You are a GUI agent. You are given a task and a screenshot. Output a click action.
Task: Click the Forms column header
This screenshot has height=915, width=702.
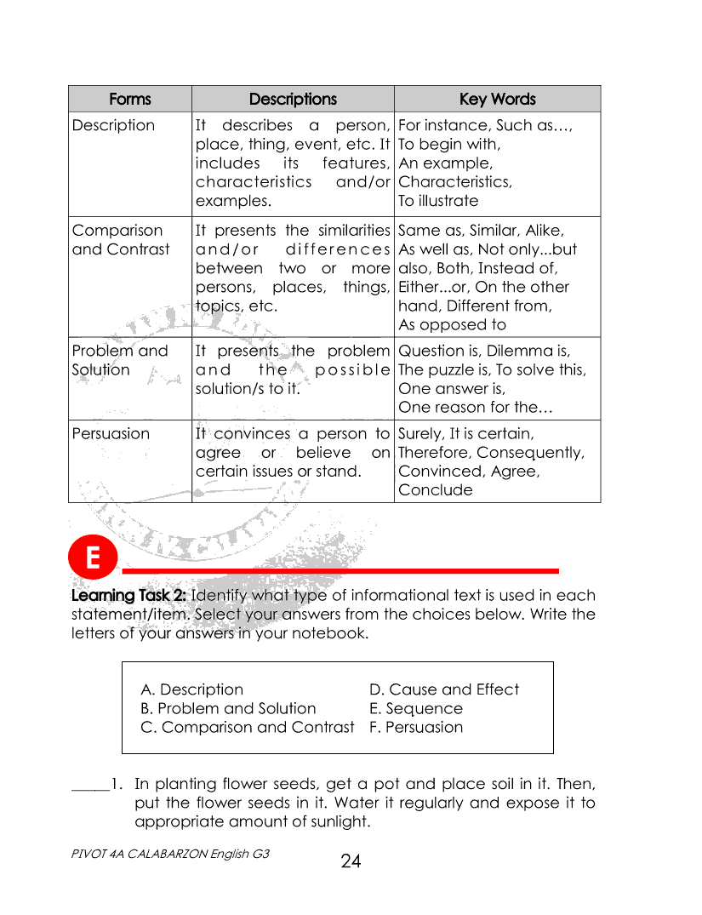(129, 99)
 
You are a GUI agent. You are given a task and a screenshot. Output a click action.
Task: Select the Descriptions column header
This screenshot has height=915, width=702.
(293, 99)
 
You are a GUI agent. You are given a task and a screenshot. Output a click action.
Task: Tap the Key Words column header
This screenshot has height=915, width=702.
(497, 99)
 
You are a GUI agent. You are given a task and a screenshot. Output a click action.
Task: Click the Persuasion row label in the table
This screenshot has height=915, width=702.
(111, 433)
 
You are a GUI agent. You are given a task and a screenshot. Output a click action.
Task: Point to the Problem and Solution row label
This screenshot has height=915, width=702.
(120, 360)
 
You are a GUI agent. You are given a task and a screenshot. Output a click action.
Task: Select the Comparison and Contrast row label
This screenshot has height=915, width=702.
(121, 239)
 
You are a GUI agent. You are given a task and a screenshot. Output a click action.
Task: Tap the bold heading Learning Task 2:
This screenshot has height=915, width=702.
(129, 595)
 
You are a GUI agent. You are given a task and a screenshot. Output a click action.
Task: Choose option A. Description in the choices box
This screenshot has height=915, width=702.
(191, 689)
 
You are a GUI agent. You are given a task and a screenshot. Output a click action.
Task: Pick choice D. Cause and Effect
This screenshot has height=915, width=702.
(443, 689)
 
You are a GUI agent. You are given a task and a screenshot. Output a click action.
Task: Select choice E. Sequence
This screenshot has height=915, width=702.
(415, 708)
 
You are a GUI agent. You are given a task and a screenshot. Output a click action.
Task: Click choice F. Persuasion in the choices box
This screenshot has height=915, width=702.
(415, 727)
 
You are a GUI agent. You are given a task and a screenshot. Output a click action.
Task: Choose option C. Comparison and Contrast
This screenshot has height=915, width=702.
(247, 727)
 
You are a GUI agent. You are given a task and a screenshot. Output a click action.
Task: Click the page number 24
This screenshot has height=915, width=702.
(351, 861)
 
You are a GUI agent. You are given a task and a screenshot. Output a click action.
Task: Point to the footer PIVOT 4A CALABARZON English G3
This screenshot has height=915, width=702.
(171, 853)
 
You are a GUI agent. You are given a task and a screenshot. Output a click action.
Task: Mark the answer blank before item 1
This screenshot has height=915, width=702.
(89, 785)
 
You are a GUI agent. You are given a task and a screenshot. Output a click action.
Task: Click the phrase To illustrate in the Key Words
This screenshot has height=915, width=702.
(438, 201)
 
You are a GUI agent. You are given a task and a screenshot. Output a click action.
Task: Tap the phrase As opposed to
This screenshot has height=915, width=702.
(452, 324)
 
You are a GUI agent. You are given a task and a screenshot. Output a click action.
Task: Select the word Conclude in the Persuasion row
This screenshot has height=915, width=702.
(435, 489)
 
